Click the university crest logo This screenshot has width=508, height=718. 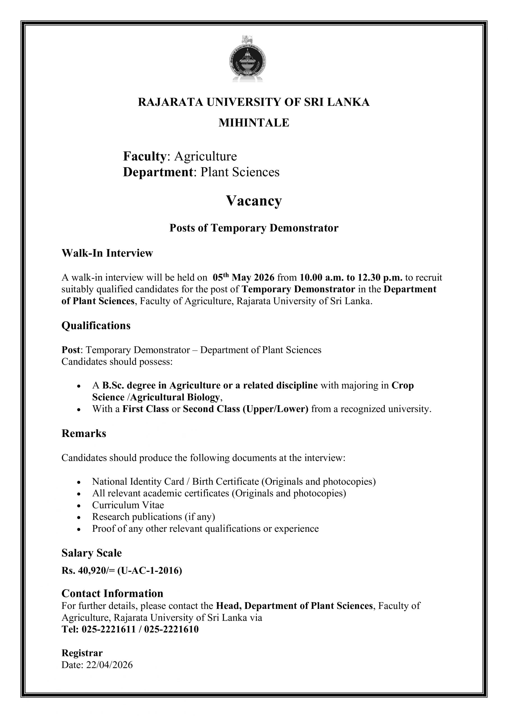tap(247, 59)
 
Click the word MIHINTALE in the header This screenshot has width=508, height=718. tap(254, 123)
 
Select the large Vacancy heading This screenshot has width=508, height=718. tap(254, 201)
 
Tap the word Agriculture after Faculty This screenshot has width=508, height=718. tap(206, 156)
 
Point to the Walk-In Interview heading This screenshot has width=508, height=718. tap(107, 253)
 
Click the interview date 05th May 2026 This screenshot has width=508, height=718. tap(243, 277)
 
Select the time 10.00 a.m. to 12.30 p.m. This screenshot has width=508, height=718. tap(351, 277)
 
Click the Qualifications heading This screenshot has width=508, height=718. tap(96, 326)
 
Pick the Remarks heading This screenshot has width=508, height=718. tap(84, 433)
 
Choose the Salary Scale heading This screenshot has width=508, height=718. tap(91, 553)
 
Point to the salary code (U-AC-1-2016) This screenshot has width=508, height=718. tap(150, 571)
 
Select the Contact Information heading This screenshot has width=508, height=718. tap(112, 593)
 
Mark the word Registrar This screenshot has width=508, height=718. tap(82, 653)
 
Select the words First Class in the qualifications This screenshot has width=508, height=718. tap(146, 409)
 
